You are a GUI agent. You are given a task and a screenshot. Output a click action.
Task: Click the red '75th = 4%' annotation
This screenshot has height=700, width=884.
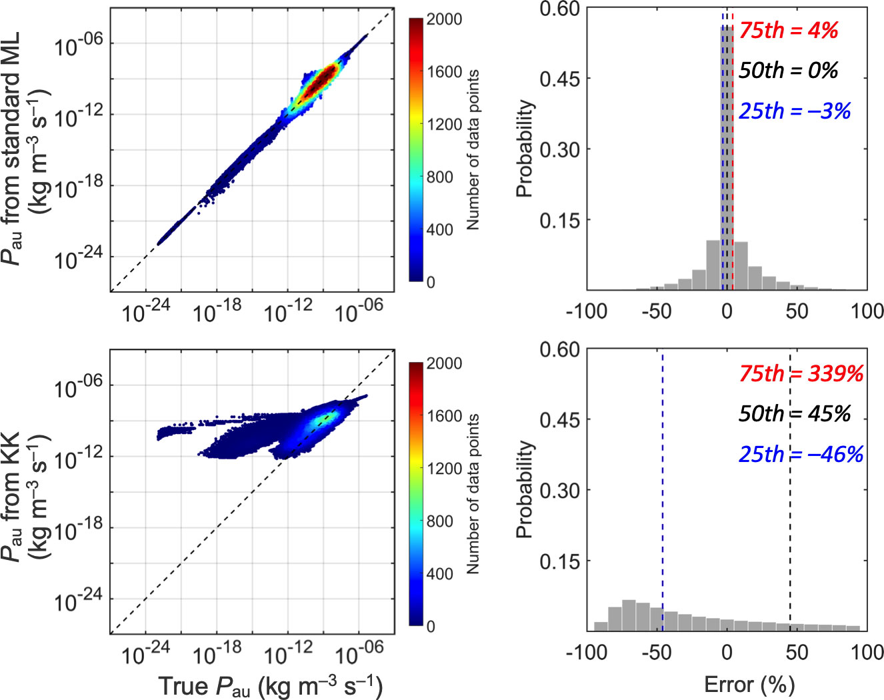click(x=788, y=31)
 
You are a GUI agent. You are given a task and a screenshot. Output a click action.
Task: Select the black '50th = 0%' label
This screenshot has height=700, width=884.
click(x=788, y=70)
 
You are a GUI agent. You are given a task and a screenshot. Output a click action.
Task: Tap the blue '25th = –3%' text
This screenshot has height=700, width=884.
click(x=795, y=111)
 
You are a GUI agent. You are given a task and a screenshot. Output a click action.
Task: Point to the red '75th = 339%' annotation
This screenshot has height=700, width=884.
click(x=801, y=373)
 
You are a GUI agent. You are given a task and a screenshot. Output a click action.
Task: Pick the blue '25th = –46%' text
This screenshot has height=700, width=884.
click(x=801, y=454)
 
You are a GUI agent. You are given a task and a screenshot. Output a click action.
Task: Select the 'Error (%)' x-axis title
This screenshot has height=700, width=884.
click(x=749, y=685)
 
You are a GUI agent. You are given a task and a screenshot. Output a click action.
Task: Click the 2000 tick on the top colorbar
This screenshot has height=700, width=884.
click(x=444, y=19)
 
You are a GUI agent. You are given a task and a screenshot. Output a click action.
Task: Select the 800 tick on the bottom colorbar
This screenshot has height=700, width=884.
click(x=439, y=521)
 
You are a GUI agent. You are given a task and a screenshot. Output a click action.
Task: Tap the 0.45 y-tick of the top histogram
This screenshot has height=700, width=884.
click(x=559, y=79)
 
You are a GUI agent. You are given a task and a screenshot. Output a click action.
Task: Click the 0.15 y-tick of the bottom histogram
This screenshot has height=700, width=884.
click(x=559, y=561)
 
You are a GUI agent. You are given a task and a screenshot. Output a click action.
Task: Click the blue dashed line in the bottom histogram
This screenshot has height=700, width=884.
click(x=663, y=467)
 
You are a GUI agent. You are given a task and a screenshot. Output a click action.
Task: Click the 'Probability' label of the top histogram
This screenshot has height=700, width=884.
click(x=525, y=149)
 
